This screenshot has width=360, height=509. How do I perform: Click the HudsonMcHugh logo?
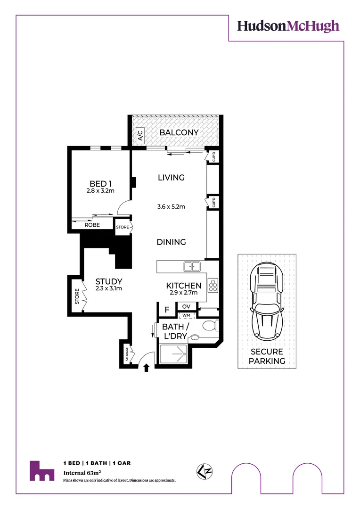(x=288, y=25)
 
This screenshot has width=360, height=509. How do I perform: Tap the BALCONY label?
(x=179, y=132)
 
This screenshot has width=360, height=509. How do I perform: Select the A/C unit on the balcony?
(x=140, y=136)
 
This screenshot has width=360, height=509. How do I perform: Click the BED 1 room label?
(x=100, y=184)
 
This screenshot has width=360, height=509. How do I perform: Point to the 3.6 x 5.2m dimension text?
(x=171, y=206)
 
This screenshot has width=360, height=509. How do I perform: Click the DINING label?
(x=171, y=242)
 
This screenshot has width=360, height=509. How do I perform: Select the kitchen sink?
(x=192, y=267)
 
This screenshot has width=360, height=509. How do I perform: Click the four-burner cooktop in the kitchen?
(x=213, y=285)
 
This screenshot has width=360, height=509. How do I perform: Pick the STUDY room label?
(x=109, y=281)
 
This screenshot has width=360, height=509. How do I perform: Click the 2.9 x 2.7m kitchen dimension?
(x=184, y=293)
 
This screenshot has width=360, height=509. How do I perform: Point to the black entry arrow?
(x=146, y=368)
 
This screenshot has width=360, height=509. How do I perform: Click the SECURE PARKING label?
(x=267, y=356)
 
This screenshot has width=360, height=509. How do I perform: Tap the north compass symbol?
(x=202, y=470)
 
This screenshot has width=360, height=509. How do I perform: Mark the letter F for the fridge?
(x=167, y=310)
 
